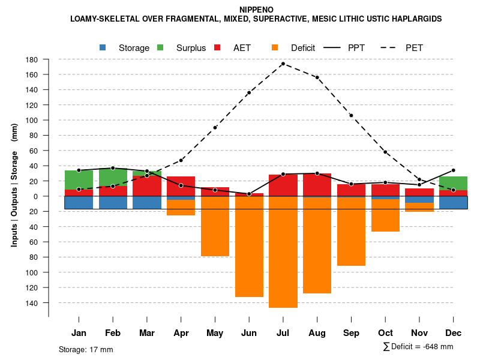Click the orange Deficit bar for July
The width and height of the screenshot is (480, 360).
coord(283,252)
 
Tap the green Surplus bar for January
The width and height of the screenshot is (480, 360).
coord(79,180)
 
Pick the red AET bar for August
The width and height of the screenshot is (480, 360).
coord(317,185)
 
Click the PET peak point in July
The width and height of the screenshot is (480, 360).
coord(283,64)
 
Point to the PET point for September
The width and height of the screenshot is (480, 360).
coord(351,115)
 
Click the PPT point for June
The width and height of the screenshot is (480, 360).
coord(249,194)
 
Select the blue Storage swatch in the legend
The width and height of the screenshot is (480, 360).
coord(103,47)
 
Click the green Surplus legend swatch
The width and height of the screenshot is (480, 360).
coord(160,47)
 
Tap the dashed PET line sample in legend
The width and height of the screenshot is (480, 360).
coord(392,47)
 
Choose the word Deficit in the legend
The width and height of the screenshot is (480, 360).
coord(303,48)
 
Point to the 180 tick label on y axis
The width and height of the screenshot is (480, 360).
coord(32,60)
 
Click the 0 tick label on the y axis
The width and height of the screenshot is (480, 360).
coord(36,196)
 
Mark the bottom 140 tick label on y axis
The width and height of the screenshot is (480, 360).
coord(32,303)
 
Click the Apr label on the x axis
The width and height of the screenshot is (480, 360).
coord(181,333)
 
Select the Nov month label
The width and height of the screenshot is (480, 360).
coord(419,333)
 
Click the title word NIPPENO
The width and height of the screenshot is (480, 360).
coord(256,10)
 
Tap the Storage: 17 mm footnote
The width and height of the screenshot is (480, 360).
coord(86,349)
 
